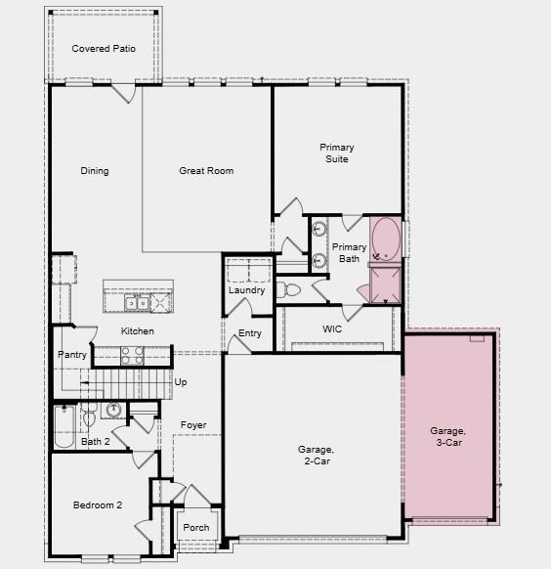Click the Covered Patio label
104,49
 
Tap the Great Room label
206,171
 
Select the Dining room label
95,171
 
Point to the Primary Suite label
336,153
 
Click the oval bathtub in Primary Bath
386,239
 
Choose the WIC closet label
332,329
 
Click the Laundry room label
247,290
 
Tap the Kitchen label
137,331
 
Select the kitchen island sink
139,303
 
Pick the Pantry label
72,355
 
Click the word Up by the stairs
181,382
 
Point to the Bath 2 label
96,442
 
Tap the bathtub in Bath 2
64,426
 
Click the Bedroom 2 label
98,505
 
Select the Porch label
196,528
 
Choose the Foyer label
193,425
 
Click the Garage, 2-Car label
317,456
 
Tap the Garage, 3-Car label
448,436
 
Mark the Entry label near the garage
250,333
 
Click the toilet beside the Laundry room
289,290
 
